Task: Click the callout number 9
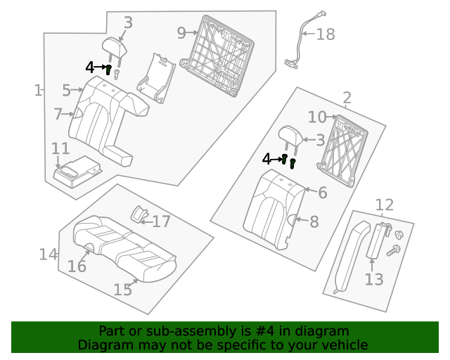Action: (181, 32)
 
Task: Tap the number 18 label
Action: (325, 34)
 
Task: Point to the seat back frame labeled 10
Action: (342, 151)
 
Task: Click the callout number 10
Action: (317, 117)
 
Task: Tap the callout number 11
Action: (60, 148)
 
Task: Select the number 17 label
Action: (162, 221)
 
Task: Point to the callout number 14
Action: (48, 254)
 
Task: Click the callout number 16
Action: (77, 266)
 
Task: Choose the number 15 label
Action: (123, 290)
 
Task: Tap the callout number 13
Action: (374, 279)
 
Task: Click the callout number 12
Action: (384, 205)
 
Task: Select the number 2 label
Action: (347, 98)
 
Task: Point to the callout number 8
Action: (314, 222)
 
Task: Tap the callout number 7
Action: (58, 113)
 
